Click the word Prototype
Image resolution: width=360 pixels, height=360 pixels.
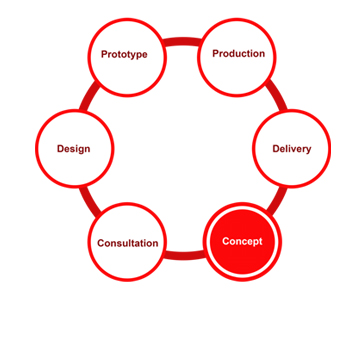coord(124,55)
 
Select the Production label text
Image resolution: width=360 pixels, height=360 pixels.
coord(239,54)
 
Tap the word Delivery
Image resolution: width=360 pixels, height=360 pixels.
coord(292,149)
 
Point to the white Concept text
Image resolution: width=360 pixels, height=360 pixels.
coord(242,242)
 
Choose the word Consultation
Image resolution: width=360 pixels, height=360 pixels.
coord(128,243)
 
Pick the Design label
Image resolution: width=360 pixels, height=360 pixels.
coord(73,149)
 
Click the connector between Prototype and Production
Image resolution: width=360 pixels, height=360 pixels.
coord(182,42)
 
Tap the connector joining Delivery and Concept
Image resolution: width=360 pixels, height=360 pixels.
coord(278,201)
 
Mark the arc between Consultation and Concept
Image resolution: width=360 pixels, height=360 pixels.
coord(183,255)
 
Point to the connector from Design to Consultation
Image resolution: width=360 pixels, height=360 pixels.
coord(89,202)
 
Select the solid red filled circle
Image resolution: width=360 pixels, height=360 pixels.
coord(242,242)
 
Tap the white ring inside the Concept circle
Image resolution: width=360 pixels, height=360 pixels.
coord(242,209)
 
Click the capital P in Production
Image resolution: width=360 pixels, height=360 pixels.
coord(216,53)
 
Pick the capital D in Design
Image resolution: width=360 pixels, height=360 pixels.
coord(60,148)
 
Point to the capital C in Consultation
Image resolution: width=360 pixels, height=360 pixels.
coord(101,243)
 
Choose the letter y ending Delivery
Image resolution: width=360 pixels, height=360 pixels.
coord(308,150)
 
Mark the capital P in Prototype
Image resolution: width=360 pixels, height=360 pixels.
coord(105,54)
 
